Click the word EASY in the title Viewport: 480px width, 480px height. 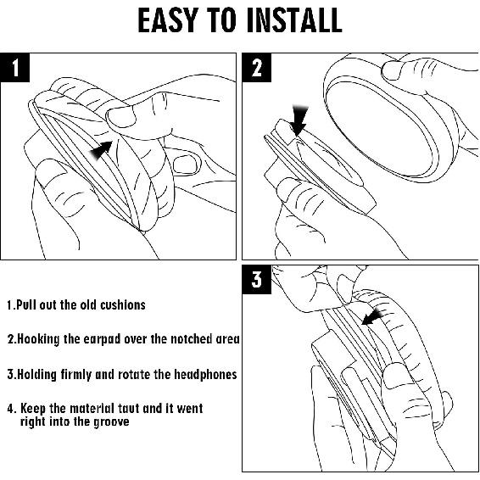pos(166,20)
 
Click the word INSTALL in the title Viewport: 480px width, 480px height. pos(294,20)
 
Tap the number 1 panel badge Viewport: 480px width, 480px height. pos(15,68)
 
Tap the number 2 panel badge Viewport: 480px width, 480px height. pos(256,68)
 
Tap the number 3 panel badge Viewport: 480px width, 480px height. pos(256,280)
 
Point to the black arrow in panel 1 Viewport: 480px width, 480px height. pos(101,150)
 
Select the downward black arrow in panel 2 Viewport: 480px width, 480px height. pos(299,120)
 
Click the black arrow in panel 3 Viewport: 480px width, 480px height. pos(372,317)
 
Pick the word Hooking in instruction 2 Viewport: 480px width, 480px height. pos(38,339)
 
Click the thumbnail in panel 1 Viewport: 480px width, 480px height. pos(121,117)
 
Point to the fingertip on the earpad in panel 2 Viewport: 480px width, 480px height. pos(392,70)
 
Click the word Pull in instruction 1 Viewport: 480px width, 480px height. pos(26,305)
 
